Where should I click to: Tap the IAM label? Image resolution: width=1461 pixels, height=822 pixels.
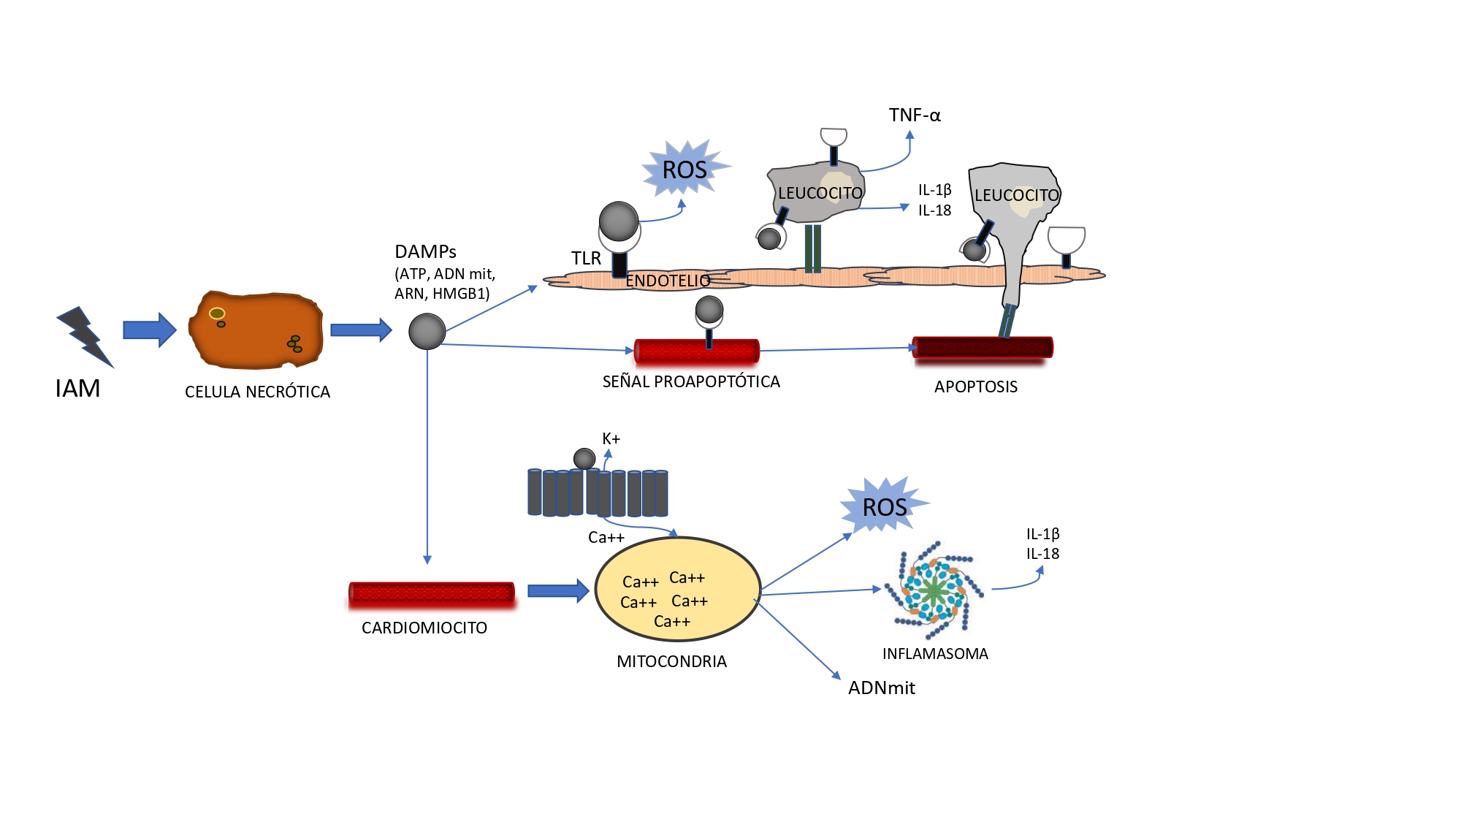[77, 389]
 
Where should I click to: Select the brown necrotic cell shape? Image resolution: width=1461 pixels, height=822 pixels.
[256, 330]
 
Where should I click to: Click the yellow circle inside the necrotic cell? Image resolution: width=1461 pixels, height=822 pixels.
[217, 314]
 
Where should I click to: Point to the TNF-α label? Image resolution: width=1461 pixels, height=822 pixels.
[915, 115]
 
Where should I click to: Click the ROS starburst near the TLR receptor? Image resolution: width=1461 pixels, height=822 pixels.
[685, 169]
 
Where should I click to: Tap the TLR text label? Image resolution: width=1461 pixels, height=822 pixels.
[586, 259]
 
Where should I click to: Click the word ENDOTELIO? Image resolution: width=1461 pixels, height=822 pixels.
[668, 281]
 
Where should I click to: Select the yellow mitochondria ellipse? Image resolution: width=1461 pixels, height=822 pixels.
[678, 589]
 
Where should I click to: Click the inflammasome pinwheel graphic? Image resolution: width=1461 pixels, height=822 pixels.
[934, 590]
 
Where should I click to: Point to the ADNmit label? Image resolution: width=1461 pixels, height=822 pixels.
[881, 688]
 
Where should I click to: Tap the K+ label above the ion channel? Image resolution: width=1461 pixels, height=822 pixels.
[611, 439]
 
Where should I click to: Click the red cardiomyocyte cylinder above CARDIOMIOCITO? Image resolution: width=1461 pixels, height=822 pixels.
[432, 593]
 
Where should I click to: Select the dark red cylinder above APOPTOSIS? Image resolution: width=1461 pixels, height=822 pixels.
[983, 348]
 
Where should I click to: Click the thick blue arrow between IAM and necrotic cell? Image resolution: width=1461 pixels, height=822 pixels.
[150, 330]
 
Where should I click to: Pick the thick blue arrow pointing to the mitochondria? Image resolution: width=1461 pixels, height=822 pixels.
[559, 590]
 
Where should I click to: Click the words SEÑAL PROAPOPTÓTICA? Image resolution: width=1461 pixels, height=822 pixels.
[691, 381]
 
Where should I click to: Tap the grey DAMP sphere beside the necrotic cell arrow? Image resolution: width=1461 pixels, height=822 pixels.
[427, 331]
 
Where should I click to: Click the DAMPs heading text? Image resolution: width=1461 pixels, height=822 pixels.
[425, 252]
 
